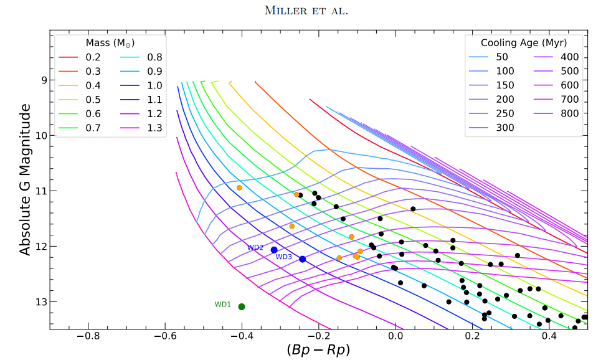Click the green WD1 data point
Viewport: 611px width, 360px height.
point(242,306)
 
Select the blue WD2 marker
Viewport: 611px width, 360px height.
point(274,250)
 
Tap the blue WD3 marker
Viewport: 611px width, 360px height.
point(303,259)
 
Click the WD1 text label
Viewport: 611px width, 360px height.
point(223,305)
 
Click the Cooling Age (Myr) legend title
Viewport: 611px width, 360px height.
point(524,42)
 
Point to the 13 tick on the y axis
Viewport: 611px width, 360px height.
point(43,302)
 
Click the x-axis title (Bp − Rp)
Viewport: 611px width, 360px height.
point(318,350)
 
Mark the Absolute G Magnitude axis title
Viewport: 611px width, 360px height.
point(25,179)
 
